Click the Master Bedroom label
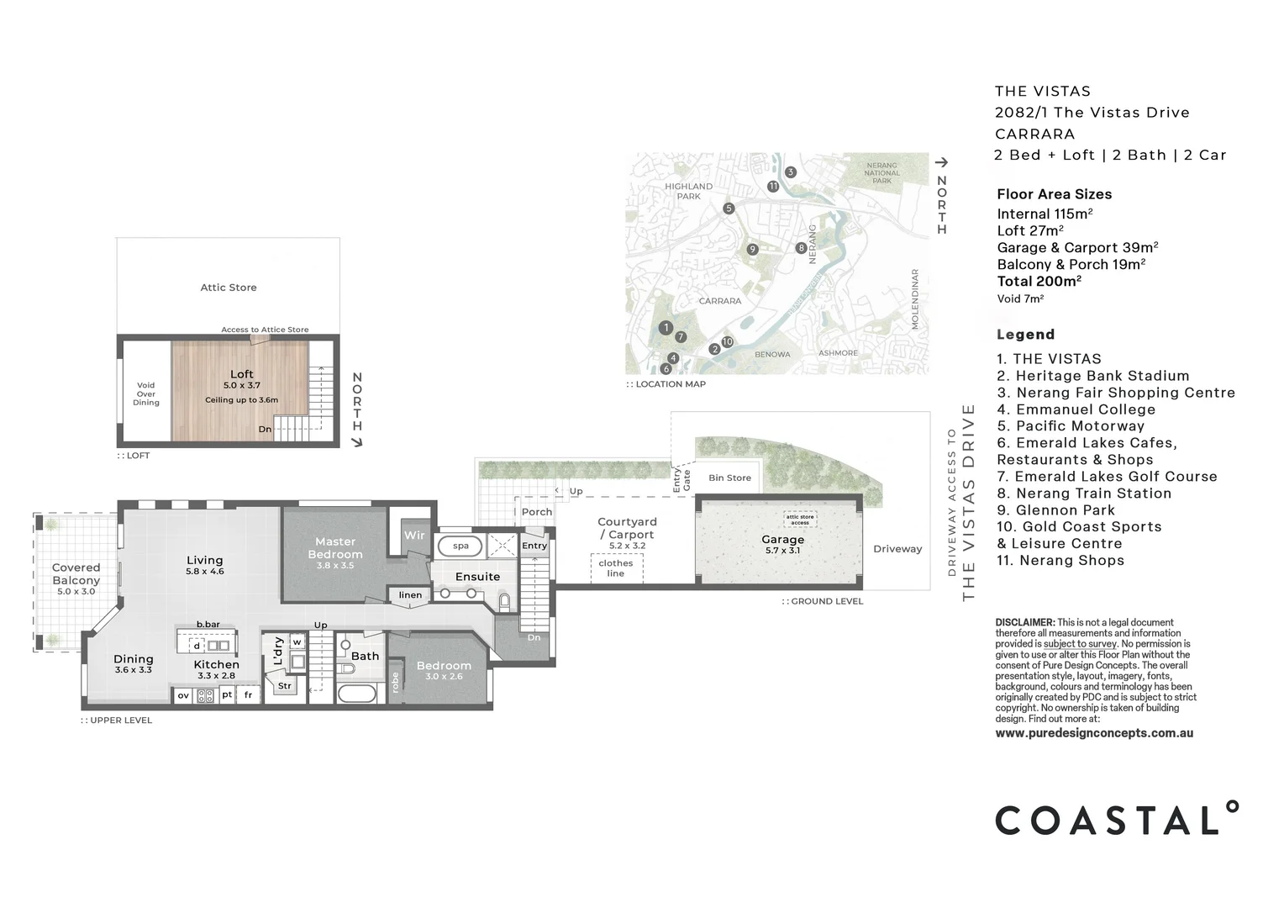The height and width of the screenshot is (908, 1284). tap(335, 548)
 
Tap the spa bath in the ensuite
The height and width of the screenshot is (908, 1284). tap(460, 546)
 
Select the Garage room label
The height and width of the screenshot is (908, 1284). tap(782, 540)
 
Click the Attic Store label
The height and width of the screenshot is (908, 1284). tap(229, 288)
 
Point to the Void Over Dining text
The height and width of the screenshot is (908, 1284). tap(146, 393)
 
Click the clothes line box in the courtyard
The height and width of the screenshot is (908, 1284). tap(616, 568)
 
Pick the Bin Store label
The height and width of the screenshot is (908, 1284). tap(729, 478)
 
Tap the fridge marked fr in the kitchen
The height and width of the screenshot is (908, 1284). tap(248, 695)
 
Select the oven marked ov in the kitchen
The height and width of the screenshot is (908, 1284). tap(183, 695)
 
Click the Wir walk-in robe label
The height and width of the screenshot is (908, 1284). tap(414, 536)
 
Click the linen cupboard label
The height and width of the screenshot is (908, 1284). tap(410, 595)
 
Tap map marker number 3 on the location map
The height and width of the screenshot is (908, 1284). tap(790, 172)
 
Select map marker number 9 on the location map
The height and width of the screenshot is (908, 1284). tap(752, 249)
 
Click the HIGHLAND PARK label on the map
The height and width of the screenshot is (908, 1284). tap(688, 191)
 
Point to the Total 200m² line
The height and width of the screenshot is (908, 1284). tap(1039, 282)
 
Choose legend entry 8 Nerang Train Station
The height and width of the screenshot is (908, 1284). tap(1084, 494)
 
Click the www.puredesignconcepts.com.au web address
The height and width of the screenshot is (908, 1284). tap(1094, 733)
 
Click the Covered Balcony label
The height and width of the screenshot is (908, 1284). tap(76, 573)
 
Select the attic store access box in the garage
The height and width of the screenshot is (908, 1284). tap(800, 520)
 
